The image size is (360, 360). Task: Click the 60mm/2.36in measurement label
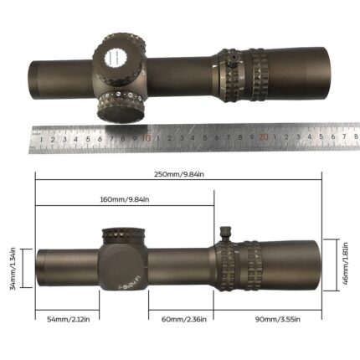[x=181, y=320]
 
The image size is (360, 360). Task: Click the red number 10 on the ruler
[x=147, y=139]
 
